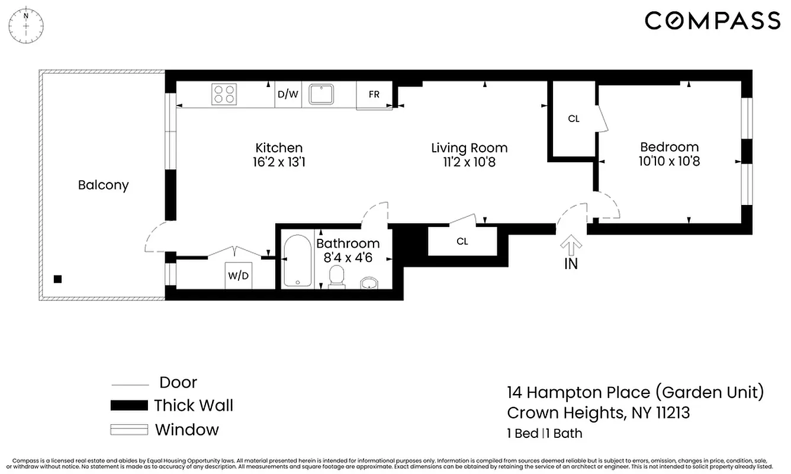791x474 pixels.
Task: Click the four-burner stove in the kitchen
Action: [x=224, y=94]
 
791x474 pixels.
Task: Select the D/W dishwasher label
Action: [x=288, y=94]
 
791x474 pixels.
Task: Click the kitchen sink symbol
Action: [x=321, y=94]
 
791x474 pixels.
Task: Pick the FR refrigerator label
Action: [x=374, y=95]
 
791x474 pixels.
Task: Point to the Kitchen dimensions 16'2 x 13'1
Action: [x=279, y=161]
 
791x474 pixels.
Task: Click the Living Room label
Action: [x=469, y=148]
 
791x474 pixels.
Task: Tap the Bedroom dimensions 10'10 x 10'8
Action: [x=669, y=161]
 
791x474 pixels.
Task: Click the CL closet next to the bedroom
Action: [x=573, y=118]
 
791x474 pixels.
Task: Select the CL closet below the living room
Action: [x=462, y=241]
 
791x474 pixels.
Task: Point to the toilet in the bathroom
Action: [x=336, y=277]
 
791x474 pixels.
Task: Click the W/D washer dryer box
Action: [x=239, y=276]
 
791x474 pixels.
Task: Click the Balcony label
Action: [x=103, y=185]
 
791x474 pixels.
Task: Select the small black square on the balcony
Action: [x=57, y=279]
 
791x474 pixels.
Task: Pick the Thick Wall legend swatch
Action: [x=129, y=406]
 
